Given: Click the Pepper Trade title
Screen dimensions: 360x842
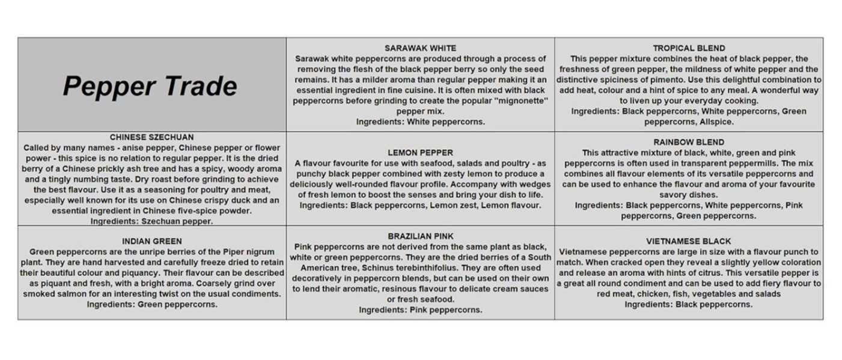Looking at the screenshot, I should click(150, 86).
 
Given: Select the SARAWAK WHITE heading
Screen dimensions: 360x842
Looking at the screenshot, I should click(420, 48).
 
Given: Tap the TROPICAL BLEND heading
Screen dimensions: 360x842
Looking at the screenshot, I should click(689, 48).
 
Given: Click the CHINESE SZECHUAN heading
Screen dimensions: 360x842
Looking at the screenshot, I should click(151, 137).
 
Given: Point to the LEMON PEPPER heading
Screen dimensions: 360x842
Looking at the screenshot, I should click(420, 153).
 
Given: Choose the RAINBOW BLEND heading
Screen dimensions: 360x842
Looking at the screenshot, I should click(689, 142).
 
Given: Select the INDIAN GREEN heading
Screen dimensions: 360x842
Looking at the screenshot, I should click(151, 241).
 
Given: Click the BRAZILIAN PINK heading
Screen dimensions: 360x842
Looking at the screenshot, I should click(420, 236).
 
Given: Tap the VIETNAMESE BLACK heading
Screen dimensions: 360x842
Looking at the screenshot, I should click(689, 241).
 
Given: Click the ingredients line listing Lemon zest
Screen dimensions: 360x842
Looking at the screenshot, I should click(420, 205).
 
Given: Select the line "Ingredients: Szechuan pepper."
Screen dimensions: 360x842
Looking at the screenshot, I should click(151, 221).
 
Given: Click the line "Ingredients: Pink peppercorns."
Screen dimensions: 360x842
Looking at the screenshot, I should click(420, 310).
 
